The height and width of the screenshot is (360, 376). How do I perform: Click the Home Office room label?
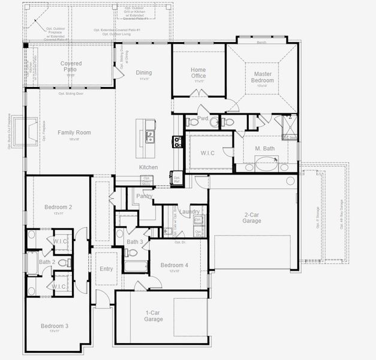pos(198,73)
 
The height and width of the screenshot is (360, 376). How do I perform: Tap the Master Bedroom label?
pos(261,77)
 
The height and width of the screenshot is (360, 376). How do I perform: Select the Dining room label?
pos(143,73)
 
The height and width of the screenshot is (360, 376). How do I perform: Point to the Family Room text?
pos(74,132)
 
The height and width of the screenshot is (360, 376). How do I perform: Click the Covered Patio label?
pos(71,67)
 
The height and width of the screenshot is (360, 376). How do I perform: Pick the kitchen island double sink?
pos(150,137)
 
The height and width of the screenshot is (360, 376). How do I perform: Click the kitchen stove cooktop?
pos(178,142)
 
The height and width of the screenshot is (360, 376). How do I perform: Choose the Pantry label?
pos(145,196)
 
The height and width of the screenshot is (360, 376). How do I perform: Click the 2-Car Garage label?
pos(252,217)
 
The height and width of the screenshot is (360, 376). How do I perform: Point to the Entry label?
pos(106,269)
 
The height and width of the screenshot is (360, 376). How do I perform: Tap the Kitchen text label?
pos(148,167)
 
